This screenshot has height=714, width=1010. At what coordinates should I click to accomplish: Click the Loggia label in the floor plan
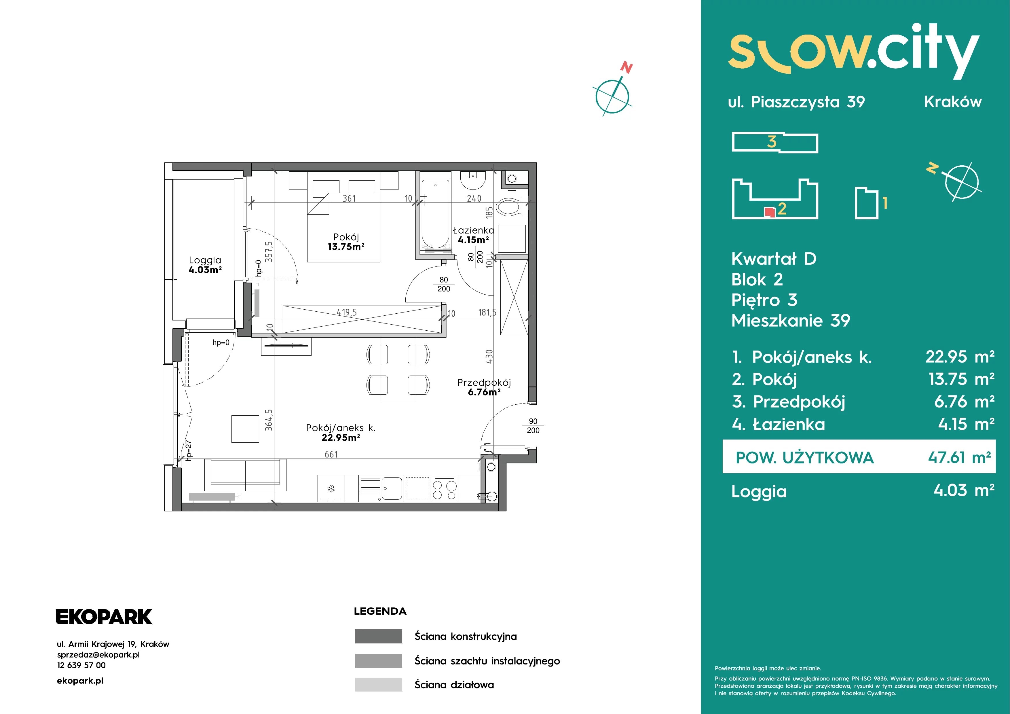coord(205,260)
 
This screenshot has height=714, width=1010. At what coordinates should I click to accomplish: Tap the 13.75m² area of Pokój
coord(346,247)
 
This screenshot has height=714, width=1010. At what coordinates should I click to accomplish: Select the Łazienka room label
coord(473,230)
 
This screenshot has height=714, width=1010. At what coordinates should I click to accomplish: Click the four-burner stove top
coord(445,488)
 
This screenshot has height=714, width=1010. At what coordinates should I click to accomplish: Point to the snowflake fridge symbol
coord(331,488)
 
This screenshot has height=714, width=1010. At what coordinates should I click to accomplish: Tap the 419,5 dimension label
coord(347,312)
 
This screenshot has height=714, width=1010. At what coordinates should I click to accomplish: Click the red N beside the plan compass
coord(626,68)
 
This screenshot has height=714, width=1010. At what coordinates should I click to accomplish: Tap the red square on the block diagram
coord(769,212)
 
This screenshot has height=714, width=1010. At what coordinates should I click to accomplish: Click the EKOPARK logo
coord(104,617)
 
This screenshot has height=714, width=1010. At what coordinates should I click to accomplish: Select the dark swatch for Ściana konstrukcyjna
coord(379,636)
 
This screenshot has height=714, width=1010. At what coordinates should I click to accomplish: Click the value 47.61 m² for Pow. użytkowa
coord(959,458)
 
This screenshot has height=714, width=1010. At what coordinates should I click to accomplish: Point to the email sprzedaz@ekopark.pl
coord(98,655)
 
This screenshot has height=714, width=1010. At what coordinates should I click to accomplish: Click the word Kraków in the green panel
coord(953,102)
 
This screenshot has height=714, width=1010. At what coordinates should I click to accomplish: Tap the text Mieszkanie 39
coord(791,321)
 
